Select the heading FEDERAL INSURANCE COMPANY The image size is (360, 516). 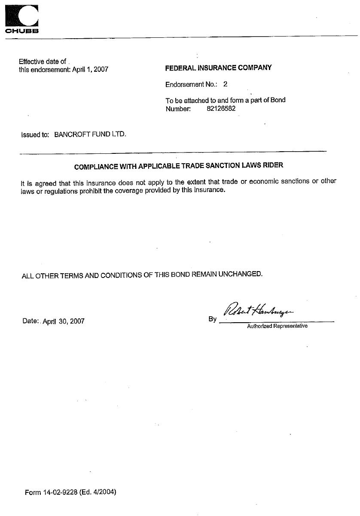tap(218, 67)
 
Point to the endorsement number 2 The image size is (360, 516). tap(226, 85)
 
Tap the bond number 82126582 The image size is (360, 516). tap(221, 109)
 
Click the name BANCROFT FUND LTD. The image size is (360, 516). tap(90, 134)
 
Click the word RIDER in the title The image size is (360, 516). tap(274, 165)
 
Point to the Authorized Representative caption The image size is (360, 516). tap(277, 326)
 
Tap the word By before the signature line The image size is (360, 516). tap(212, 319)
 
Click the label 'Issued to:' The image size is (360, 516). tap(35, 134)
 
